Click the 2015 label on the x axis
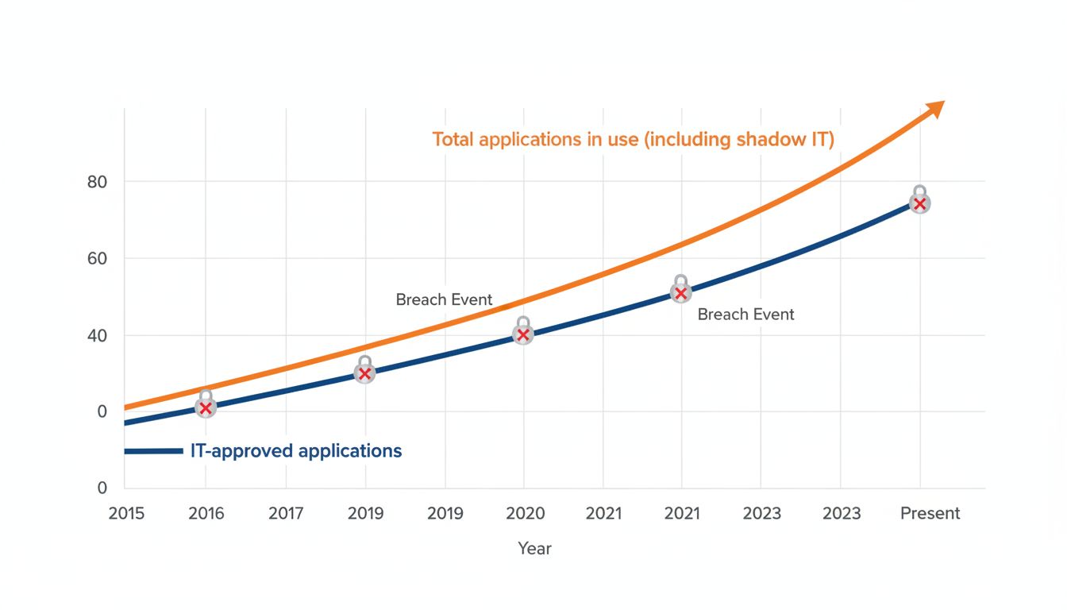tap(126, 513)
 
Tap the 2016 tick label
tap(206, 513)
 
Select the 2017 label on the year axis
tap(286, 513)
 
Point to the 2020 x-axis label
tap(525, 513)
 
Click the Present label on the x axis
tap(930, 513)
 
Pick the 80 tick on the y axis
tap(97, 182)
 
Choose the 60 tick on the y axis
tap(97, 258)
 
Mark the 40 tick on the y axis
tap(97, 335)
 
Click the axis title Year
tap(534, 549)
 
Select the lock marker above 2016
tap(206, 405)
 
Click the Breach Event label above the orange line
tap(444, 300)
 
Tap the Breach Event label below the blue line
tap(745, 315)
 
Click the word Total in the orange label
tap(453, 140)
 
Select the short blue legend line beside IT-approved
tap(153, 451)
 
